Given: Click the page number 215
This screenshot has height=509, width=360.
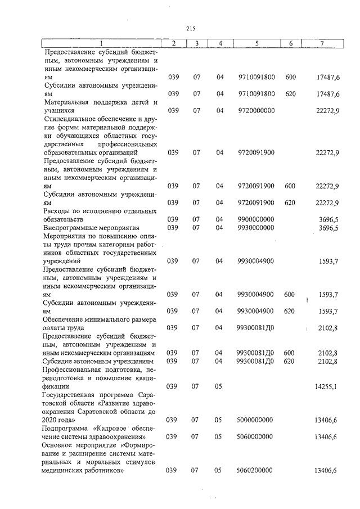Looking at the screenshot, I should [x=190, y=29].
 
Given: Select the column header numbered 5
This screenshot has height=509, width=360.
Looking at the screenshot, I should [x=256, y=43].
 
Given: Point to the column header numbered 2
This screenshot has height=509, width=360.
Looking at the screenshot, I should [x=174, y=43].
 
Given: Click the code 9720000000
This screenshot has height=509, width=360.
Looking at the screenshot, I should [x=256, y=111].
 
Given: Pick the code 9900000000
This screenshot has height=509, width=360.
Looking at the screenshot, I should [x=256, y=219].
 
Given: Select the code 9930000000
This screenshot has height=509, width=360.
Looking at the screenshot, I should [x=256, y=227].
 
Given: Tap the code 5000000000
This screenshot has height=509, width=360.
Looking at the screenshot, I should [x=256, y=420].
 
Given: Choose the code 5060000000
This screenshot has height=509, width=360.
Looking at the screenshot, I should [x=256, y=436].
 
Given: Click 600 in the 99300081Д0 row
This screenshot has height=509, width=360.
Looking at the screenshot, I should [x=290, y=353].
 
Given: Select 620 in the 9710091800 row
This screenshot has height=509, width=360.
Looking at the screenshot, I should [x=290, y=93].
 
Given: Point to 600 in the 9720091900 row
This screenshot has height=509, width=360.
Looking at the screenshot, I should [x=290, y=186].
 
